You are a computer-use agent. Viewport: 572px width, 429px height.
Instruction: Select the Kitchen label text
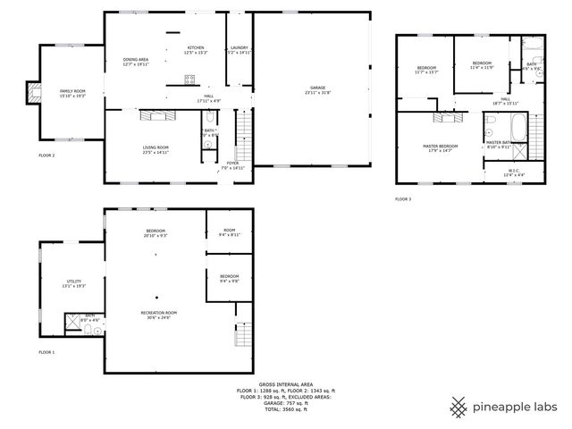pyautogui.click(x=197, y=47)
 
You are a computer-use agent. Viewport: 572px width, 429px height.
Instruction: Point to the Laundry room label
pyautogui.click(x=239, y=47)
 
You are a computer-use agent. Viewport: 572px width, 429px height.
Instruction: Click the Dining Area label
pyautogui.click(x=136, y=59)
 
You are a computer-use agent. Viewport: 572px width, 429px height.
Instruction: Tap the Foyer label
pyautogui.click(x=232, y=163)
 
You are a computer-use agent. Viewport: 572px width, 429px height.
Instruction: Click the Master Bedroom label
pyautogui.click(x=440, y=146)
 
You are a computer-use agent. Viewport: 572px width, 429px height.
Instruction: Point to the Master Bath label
pyautogui.click(x=498, y=141)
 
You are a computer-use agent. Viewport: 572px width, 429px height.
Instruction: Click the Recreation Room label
pyautogui.click(x=158, y=312)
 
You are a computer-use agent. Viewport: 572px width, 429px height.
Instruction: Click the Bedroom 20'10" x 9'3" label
pyautogui.click(x=156, y=231)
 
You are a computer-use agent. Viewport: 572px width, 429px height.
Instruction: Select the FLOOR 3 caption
pyautogui.click(x=403, y=198)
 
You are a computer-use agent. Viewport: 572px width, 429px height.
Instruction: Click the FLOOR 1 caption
pyautogui.click(x=46, y=352)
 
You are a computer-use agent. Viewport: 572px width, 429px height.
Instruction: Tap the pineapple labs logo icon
pyautogui.click(x=458, y=407)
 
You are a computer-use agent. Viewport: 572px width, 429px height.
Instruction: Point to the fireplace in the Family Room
pyautogui.click(x=34, y=89)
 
